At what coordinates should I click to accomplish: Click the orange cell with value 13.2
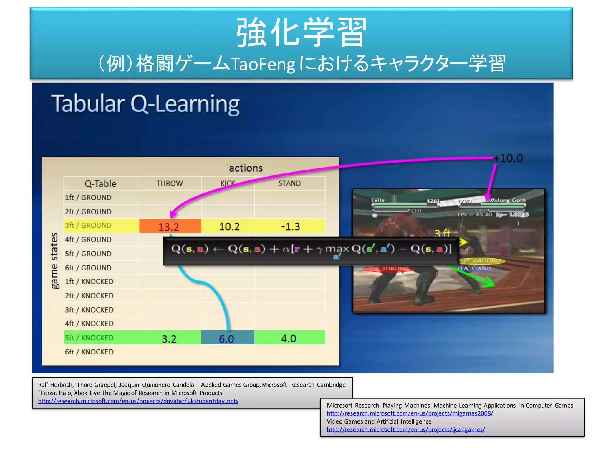(x=169, y=226)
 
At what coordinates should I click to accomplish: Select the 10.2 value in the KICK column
(x=229, y=226)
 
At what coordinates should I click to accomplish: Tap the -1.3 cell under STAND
(x=290, y=226)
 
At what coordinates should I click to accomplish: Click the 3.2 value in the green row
(x=169, y=339)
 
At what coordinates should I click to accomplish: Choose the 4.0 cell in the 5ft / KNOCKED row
(x=289, y=338)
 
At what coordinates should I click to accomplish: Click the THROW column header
(x=170, y=183)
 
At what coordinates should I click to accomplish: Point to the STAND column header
(x=289, y=183)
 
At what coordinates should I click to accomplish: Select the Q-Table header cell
(x=100, y=183)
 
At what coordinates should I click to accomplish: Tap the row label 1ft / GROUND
(x=88, y=197)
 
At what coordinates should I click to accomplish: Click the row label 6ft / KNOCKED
(x=89, y=352)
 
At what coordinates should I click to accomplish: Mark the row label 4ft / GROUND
(x=88, y=239)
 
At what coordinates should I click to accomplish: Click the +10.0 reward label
(x=508, y=158)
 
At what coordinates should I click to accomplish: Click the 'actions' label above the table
(x=246, y=168)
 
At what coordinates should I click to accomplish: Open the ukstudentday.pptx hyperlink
(x=138, y=401)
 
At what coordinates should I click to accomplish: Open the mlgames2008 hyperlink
(x=410, y=413)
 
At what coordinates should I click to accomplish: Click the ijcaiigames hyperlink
(x=405, y=430)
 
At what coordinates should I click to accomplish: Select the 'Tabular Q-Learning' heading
(x=145, y=104)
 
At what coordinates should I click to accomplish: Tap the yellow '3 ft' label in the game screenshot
(x=442, y=233)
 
